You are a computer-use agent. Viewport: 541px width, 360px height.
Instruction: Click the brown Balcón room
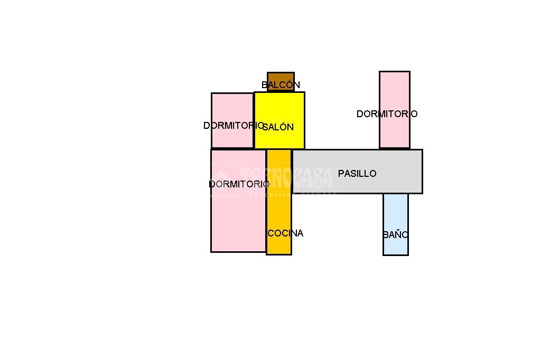coord(281,78)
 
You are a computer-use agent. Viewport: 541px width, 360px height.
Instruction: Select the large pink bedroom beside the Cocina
coord(238,216)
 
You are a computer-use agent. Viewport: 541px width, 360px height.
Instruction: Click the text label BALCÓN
coord(281,85)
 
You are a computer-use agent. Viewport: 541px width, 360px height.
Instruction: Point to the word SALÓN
coord(278,127)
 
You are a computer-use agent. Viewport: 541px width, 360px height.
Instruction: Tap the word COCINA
coord(285,233)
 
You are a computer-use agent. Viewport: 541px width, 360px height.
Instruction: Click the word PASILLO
coord(357,173)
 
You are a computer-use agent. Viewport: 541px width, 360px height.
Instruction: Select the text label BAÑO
coord(396,235)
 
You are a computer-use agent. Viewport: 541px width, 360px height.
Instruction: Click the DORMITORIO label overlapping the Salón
coord(233,126)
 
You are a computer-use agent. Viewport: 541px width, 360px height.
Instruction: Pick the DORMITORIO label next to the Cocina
coord(239,184)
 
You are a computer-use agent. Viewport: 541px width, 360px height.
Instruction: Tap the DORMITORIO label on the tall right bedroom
coord(387,114)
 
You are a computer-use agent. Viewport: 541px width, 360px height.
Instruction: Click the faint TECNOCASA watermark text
coord(287,178)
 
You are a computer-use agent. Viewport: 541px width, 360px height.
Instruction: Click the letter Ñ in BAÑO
coord(398,234)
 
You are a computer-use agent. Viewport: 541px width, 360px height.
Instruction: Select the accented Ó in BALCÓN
coord(290,84)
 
